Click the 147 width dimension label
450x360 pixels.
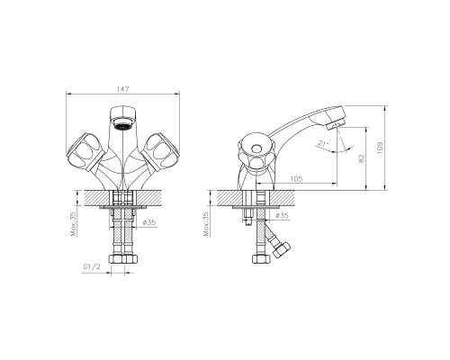(122, 89)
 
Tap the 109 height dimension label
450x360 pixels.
(380, 148)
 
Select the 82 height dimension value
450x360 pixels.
(361, 158)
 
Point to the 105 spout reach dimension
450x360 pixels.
(296, 179)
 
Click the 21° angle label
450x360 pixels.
(323, 143)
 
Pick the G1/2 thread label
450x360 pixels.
(92, 267)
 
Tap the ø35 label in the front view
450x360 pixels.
(149, 222)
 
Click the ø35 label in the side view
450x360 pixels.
(282, 215)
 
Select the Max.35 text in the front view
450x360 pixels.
(73, 224)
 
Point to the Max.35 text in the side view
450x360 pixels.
(206, 224)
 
